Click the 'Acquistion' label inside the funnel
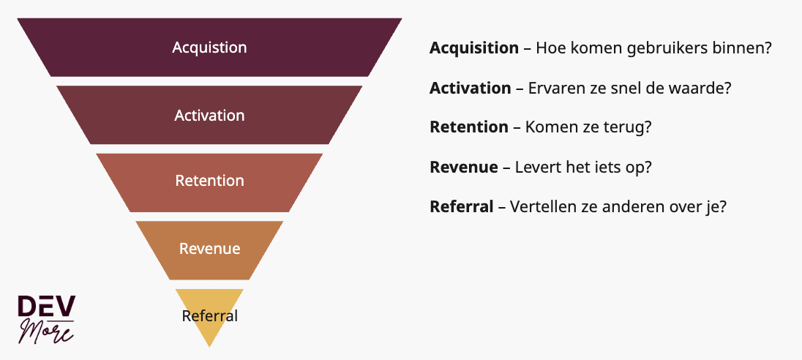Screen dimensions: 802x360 click(x=209, y=48)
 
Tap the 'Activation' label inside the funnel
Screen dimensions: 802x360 click(x=209, y=116)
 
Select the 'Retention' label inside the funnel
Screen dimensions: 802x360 click(x=209, y=181)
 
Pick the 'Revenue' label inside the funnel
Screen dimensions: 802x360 click(x=209, y=249)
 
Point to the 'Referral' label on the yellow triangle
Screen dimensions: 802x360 click(x=209, y=316)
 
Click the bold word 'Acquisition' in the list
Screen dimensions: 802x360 click(x=473, y=48)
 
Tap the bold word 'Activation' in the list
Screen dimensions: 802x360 click(x=470, y=88)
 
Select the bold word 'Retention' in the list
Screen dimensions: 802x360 click(x=468, y=127)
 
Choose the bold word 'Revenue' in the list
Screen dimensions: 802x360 click(x=463, y=167)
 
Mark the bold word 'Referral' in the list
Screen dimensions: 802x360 click(x=461, y=206)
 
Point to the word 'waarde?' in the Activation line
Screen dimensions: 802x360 click(x=704, y=88)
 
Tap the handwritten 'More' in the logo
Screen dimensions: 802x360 click(x=48, y=331)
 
